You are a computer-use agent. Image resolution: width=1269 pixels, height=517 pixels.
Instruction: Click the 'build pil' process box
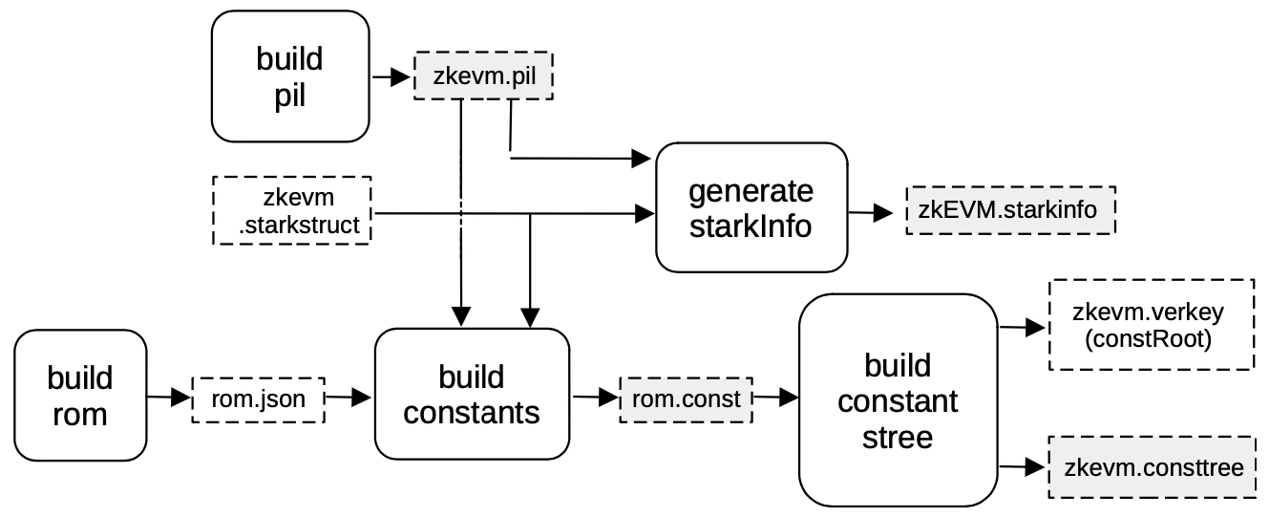tap(289, 76)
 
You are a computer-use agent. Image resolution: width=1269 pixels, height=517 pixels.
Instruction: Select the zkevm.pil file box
tap(483, 77)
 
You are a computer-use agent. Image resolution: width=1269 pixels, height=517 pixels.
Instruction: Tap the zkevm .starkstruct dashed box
tap(291, 210)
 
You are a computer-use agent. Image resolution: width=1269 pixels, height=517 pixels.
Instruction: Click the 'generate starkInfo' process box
tap(751, 207)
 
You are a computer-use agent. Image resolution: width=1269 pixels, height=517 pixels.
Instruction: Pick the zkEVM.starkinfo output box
tap(1010, 210)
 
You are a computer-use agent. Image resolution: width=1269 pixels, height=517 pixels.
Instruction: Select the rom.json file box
tap(259, 399)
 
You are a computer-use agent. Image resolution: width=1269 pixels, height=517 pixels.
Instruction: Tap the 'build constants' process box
tap(472, 394)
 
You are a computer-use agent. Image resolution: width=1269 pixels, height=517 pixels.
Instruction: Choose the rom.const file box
tap(687, 398)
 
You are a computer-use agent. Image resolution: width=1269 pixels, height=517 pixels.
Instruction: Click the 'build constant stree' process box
tap(897, 400)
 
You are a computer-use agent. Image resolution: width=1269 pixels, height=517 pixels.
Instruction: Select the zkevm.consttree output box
tap(1153, 467)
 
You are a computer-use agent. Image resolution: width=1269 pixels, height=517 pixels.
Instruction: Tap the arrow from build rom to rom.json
tap(169, 397)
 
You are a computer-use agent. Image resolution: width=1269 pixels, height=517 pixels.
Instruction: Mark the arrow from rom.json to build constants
tap(349, 397)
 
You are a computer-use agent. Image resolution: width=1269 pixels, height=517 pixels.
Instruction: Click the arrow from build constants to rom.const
tap(596, 396)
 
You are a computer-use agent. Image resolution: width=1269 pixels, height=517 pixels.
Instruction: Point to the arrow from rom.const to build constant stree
tap(775, 396)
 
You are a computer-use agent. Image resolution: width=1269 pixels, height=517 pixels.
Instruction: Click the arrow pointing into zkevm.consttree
tap(1023, 467)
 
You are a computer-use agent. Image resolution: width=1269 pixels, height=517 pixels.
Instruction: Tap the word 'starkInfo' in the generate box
tap(751, 226)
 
